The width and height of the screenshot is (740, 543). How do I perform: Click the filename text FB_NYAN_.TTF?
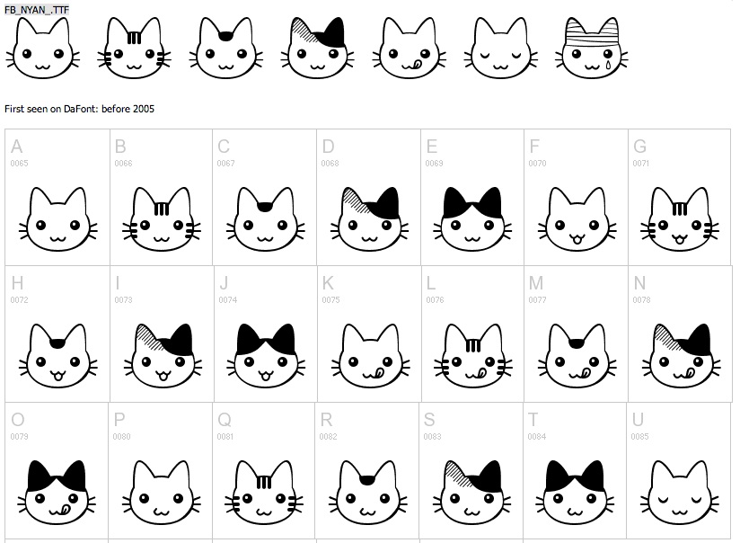point(36,7)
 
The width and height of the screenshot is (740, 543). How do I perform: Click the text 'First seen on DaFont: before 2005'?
point(80,109)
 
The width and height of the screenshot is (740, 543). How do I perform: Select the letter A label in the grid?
point(17,147)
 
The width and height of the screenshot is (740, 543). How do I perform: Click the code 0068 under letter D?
point(330,164)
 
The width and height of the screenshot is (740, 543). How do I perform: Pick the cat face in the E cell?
point(471,221)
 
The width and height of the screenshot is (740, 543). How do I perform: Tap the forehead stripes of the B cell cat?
point(162,209)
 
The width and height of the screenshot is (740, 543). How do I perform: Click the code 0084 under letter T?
point(536,437)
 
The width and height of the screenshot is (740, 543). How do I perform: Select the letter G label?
point(640,147)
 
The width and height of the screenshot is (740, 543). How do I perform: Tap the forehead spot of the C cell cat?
point(265,208)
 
